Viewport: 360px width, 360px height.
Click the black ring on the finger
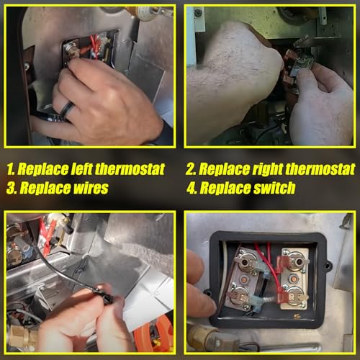[67, 109]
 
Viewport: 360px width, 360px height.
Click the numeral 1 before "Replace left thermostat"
[10, 169]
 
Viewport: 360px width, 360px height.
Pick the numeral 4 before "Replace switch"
[192, 188]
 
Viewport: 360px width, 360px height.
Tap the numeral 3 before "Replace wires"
[12, 188]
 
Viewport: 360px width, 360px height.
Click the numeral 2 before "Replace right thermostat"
[191, 169]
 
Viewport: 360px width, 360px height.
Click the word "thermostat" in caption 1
[130, 168]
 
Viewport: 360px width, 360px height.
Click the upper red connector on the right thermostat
[282, 263]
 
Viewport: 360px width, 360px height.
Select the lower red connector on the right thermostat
[283, 296]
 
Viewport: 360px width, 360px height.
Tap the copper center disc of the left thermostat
[245, 279]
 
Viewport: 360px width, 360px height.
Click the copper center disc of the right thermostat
[293, 279]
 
